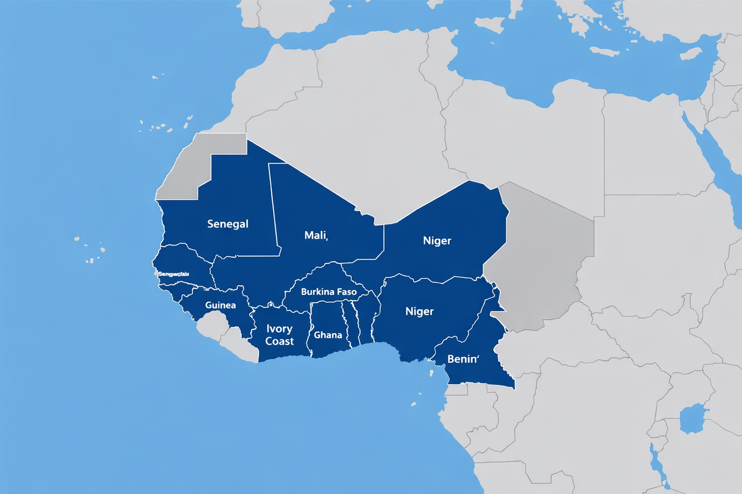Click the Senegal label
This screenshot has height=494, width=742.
pyautogui.click(x=228, y=224)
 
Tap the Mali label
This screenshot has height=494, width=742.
pyautogui.click(x=316, y=235)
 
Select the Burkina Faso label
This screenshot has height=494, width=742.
pyautogui.click(x=329, y=292)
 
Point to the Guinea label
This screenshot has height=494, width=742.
pyautogui.click(x=220, y=305)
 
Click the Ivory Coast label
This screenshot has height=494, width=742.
pyautogui.click(x=279, y=335)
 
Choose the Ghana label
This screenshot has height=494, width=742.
pyautogui.click(x=328, y=335)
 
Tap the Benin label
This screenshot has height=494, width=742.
pyautogui.click(x=463, y=359)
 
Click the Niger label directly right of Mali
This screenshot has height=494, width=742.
pyautogui.click(x=437, y=240)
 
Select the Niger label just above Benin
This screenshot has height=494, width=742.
pyautogui.click(x=419, y=312)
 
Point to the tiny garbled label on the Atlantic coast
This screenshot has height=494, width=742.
pyautogui.click(x=177, y=273)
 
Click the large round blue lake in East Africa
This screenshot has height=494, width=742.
pyautogui.click(x=693, y=419)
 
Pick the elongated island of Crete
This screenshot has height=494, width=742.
pyautogui.click(x=604, y=52)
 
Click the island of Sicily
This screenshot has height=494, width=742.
pyautogui.click(x=488, y=24)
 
